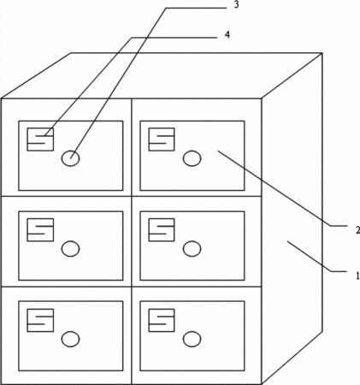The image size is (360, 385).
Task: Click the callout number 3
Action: (x=236, y=5)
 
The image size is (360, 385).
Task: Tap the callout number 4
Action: (x=227, y=34)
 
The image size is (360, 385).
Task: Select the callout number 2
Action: (x=357, y=230)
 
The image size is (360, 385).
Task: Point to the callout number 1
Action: (x=357, y=275)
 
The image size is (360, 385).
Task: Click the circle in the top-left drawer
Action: (x=70, y=158)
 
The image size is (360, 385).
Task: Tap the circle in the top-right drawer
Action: (x=192, y=158)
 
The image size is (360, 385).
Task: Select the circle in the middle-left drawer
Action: (x=70, y=249)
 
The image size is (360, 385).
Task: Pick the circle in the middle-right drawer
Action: (x=192, y=249)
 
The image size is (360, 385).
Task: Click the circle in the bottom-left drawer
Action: (x=70, y=339)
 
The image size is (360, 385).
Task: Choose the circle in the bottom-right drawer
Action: (x=192, y=339)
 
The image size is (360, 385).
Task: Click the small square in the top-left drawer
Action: (x=40, y=139)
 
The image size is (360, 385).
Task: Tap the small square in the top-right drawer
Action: (x=162, y=139)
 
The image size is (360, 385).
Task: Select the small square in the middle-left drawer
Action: (x=40, y=230)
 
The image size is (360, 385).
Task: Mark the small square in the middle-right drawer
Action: (x=162, y=230)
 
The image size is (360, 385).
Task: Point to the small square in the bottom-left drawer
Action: (x=40, y=320)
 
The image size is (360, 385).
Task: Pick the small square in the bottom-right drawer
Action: (x=162, y=320)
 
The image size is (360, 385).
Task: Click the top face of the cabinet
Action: (x=162, y=75)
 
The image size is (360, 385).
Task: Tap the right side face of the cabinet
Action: (x=292, y=218)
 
